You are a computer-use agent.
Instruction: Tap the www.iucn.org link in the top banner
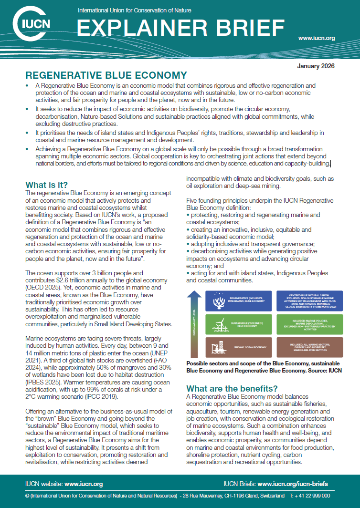[x=316, y=38]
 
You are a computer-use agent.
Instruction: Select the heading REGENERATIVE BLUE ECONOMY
[x=106, y=75]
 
